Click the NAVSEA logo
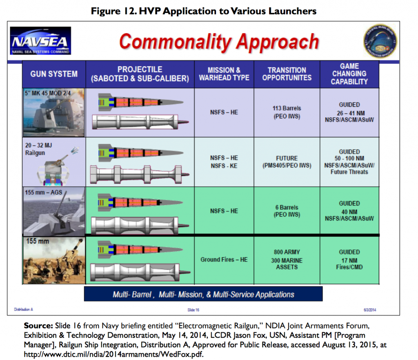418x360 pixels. click(40, 42)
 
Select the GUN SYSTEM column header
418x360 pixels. click(54, 74)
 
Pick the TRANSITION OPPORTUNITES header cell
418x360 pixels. click(287, 74)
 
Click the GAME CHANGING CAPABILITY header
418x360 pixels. click(349, 74)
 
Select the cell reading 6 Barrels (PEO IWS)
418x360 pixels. click(287, 211)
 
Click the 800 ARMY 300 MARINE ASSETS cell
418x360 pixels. click(287, 259)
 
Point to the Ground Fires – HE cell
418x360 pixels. click(224, 259)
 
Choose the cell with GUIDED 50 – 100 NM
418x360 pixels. click(349, 162)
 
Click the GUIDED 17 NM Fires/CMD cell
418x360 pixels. click(349, 259)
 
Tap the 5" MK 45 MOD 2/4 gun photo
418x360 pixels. click(54, 112)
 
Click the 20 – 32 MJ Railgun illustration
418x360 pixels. click(54, 162)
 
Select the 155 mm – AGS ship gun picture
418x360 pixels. click(54, 211)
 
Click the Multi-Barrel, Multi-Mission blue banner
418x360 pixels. click(203, 294)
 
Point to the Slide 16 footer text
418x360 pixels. click(193, 310)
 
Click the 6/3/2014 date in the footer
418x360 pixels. click(369, 310)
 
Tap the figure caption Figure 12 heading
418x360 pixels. click(203, 11)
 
